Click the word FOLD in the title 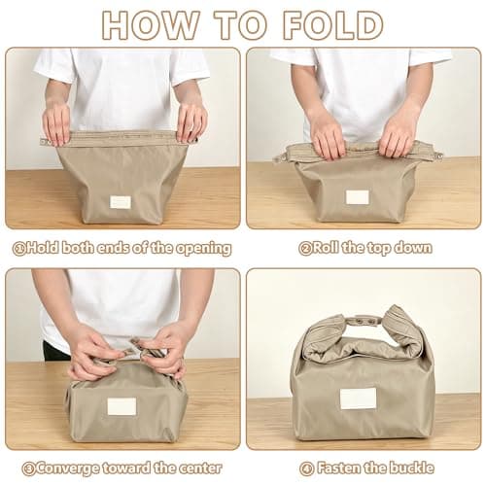pyautogui.click(x=333, y=25)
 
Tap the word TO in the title pyautogui.click(x=242, y=25)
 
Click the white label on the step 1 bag pyautogui.click(x=121, y=202)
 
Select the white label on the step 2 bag pyautogui.click(x=358, y=197)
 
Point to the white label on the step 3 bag pyautogui.click(x=121, y=406)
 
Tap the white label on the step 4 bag pyautogui.click(x=358, y=399)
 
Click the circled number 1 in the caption pyautogui.click(x=19, y=249)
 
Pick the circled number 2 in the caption pyautogui.click(x=305, y=249)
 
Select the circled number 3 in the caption pyautogui.click(x=28, y=469)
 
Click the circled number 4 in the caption pyautogui.click(x=306, y=469)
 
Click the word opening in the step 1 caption pyautogui.click(x=203, y=249)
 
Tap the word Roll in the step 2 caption pyautogui.click(x=326, y=248)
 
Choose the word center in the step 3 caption pyautogui.click(x=200, y=469)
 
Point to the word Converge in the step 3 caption pyautogui.click(x=67, y=469)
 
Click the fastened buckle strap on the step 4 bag pyautogui.click(x=363, y=322)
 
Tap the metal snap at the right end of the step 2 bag pyautogui.click(x=440, y=157)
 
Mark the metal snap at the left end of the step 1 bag pyautogui.click(x=43, y=140)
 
